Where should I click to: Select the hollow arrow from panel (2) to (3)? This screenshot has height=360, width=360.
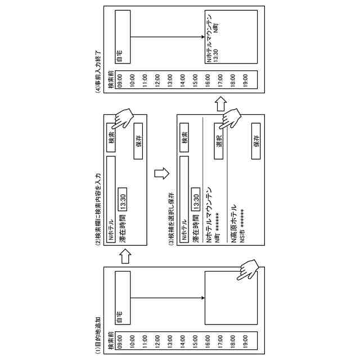tap(162, 174)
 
